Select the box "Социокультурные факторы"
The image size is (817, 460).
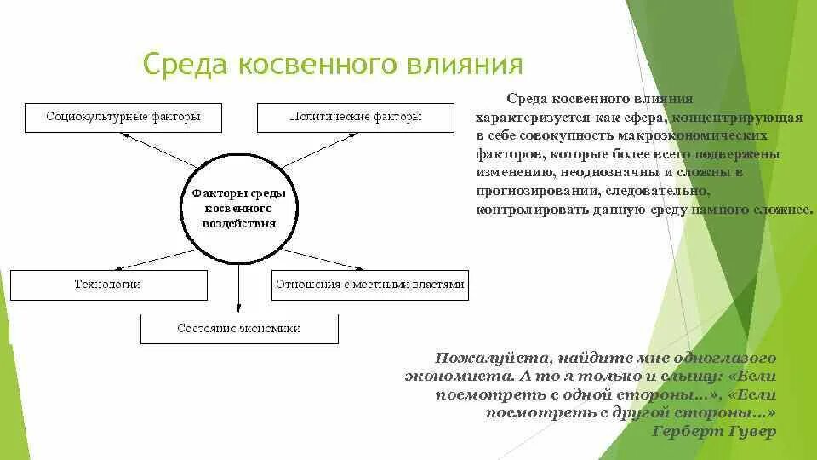(x=123, y=117)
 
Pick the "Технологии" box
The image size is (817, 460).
(x=108, y=285)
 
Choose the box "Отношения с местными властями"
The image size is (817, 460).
(x=370, y=285)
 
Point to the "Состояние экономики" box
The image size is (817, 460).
(x=239, y=328)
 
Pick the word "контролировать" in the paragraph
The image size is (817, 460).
(x=522, y=210)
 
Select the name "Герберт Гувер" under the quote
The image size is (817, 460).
(x=713, y=431)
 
